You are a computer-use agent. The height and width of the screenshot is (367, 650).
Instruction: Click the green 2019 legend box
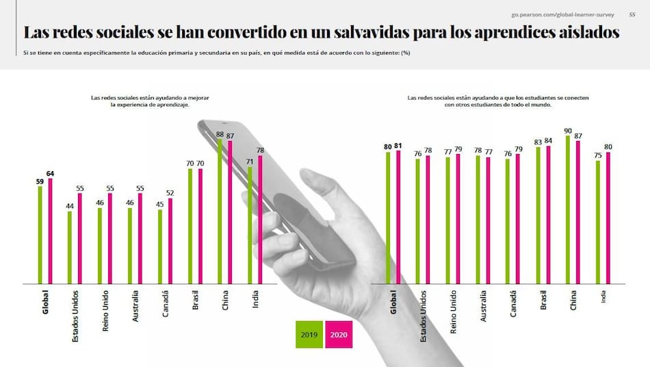point(309,335)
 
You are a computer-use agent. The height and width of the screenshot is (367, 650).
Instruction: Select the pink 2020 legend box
point(339,335)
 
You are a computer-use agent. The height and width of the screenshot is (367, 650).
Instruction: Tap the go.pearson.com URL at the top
point(562,14)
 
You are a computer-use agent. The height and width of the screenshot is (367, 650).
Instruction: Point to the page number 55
point(632,14)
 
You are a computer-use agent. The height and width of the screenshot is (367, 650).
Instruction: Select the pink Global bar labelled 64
point(50,231)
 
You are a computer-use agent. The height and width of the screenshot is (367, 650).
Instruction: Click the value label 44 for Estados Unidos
point(70,206)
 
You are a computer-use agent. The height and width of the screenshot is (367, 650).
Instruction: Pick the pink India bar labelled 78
point(261,219)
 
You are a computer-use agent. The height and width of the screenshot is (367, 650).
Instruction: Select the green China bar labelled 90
point(568,209)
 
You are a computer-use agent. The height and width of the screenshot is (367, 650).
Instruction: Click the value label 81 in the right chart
point(399,146)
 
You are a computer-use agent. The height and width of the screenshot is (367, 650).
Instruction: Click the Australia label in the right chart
point(484,305)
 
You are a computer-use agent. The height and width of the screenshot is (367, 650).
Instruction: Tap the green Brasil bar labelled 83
point(538,214)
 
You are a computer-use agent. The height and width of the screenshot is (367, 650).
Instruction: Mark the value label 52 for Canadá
point(170,193)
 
